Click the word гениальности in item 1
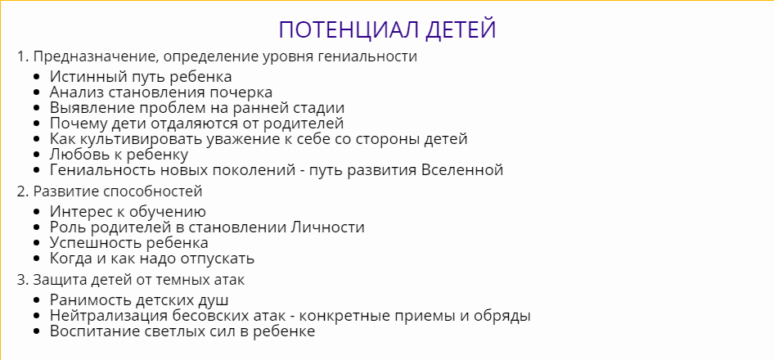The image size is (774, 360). click(373, 56)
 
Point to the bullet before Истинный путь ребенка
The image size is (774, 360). click(38, 77)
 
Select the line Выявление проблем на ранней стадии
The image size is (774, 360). click(196, 108)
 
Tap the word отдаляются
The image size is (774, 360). click(181, 124)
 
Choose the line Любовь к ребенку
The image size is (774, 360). click(119, 155)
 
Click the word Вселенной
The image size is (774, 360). click(461, 170)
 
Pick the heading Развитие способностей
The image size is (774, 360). click(118, 191)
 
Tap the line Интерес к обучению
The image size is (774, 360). click(128, 212)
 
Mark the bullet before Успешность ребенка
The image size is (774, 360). click(38, 243)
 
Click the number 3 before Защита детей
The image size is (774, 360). click(20, 280)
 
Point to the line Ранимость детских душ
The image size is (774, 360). click(138, 300)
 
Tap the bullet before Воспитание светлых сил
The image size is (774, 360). click(38, 331)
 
